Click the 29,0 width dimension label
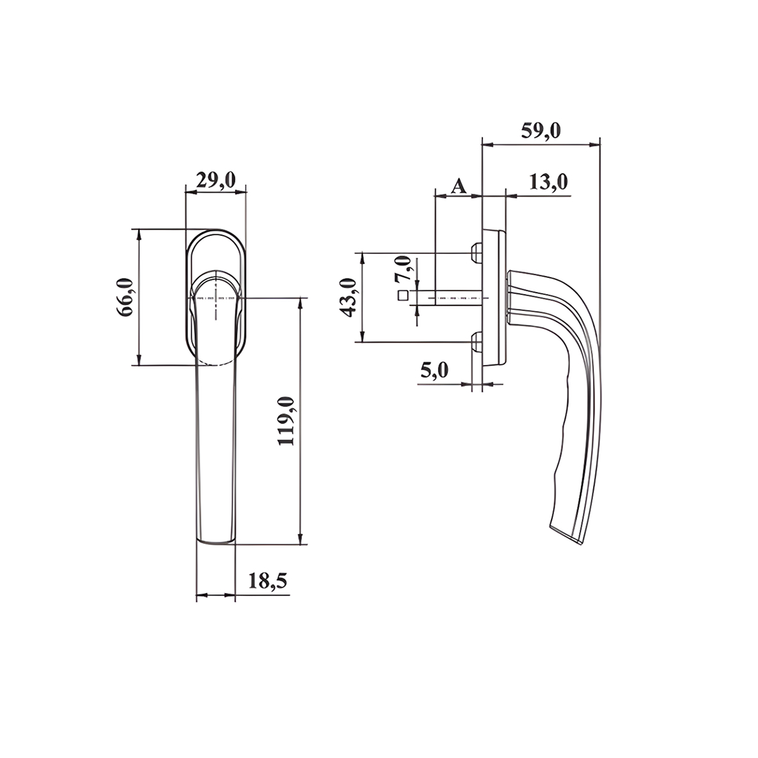(x=215, y=181)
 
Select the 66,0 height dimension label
(x=125, y=298)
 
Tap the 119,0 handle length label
(x=286, y=420)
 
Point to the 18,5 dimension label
(x=267, y=580)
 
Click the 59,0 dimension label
(x=541, y=131)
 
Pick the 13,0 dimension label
(x=548, y=182)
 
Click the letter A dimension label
(x=459, y=185)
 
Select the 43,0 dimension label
(x=349, y=298)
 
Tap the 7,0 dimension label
(x=403, y=270)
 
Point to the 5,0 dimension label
(x=434, y=371)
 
